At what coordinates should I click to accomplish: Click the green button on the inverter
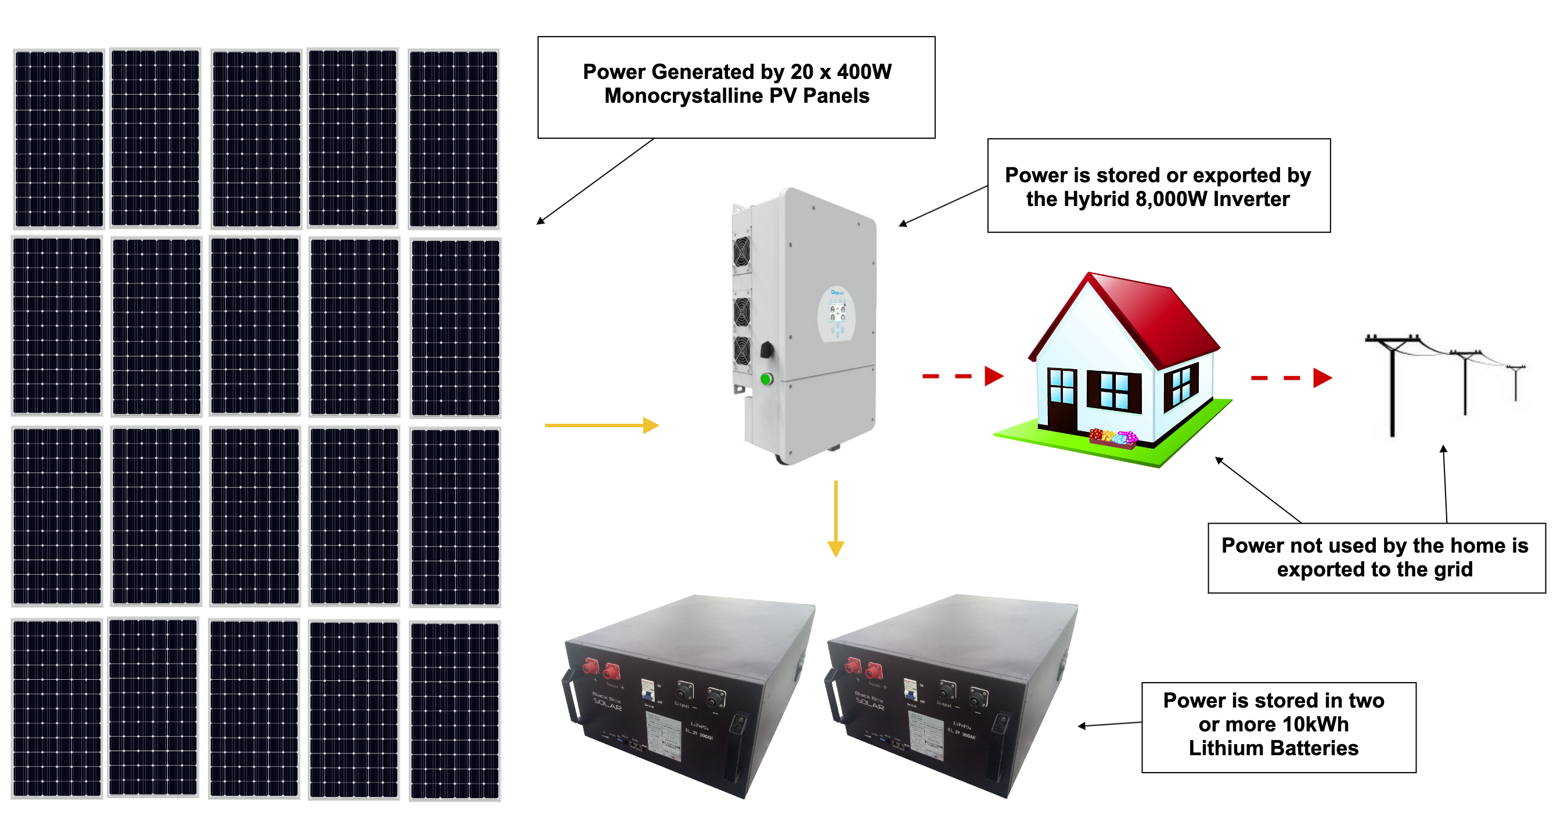[x=766, y=379]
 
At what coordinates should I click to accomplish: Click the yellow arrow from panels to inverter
[x=601, y=425]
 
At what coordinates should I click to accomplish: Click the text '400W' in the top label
[x=864, y=72]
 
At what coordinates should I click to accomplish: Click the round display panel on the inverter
[x=837, y=313]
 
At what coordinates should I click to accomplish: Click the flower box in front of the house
[x=1113, y=438]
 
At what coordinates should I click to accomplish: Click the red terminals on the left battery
[x=600, y=668]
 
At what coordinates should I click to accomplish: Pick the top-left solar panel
[x=59, y=139]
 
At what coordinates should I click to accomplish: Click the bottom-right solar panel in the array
[x=455, y=711]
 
